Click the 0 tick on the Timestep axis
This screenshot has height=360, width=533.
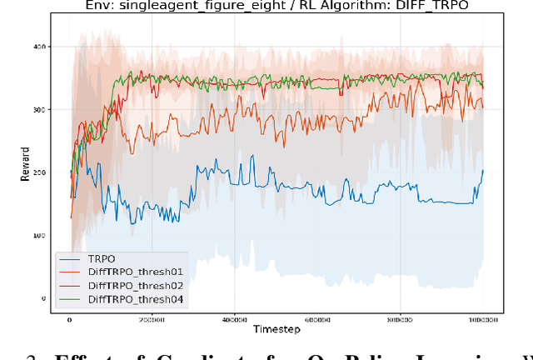(x=69, y=319)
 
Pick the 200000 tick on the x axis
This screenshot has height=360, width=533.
(x=152, y=319)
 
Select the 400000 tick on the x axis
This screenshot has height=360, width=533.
(x=235, y=319)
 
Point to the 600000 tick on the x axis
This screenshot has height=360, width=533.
(x=317, y=319)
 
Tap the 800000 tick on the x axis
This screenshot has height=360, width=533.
(x=401, y=319)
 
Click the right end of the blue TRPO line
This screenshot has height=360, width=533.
(x=483, y=170)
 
